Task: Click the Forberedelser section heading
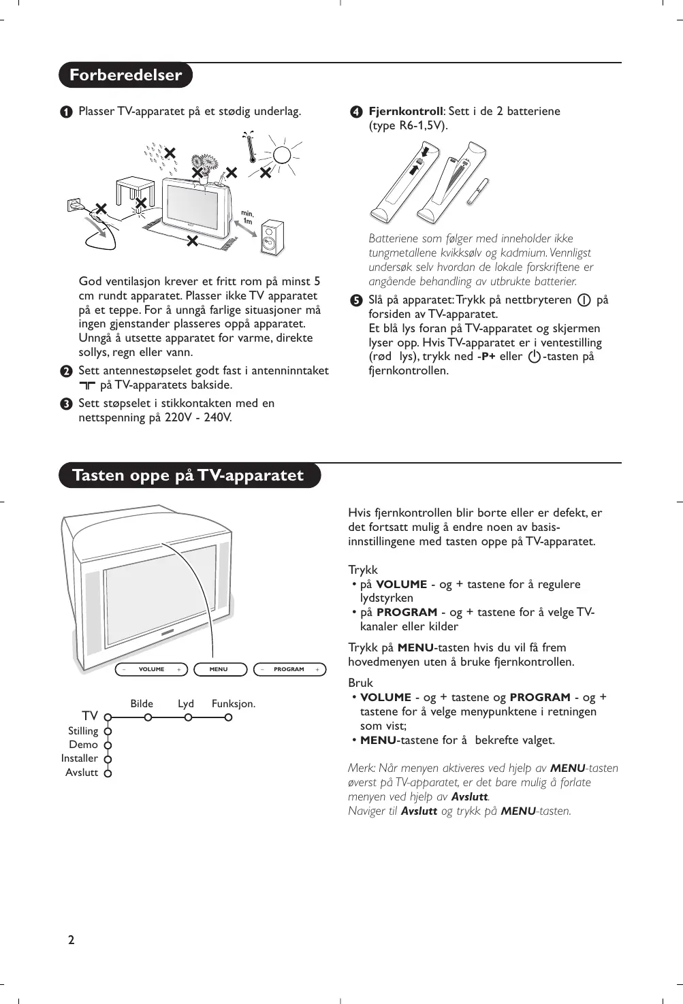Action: [126, 75]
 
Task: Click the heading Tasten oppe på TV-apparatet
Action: [189, 474]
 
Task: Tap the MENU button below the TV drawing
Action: [219, 669]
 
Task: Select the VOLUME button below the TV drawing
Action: [151, 669]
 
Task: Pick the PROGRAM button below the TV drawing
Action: [289, 669]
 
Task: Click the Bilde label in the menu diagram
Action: [142, 704]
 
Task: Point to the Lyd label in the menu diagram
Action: [186, 704]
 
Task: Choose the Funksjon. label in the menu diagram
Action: [234, 704]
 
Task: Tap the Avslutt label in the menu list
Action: [82, 773]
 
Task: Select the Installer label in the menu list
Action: [80, 758]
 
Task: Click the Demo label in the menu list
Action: [83, 745]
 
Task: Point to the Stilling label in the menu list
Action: [83, 731]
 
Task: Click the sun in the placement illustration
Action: [283, 156]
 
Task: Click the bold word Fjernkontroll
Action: [406, 111]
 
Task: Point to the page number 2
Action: [71, 941]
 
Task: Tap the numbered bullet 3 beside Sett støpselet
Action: [65, 404]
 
